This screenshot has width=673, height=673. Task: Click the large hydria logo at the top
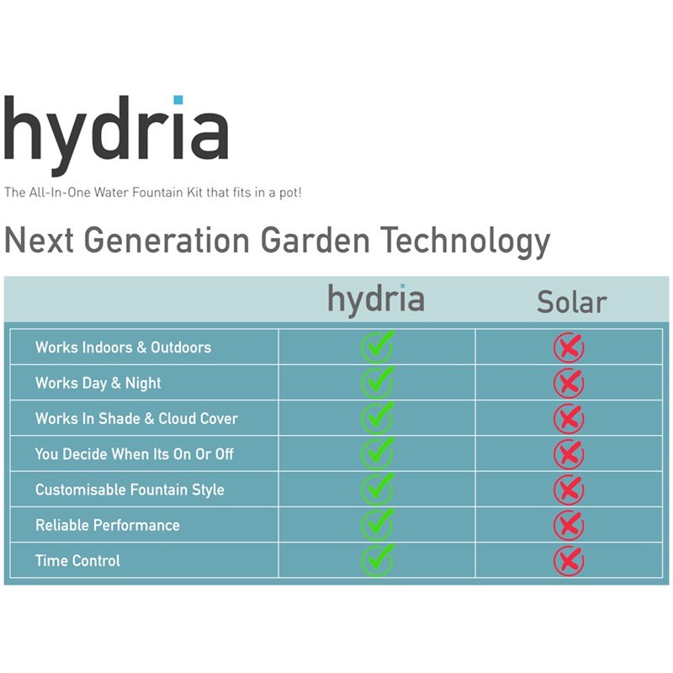tap(116, 135)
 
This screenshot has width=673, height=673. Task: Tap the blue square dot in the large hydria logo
tap(178, 100)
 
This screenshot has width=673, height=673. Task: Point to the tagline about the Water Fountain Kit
tap(153, 193)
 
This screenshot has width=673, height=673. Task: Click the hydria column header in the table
tap(376, 299)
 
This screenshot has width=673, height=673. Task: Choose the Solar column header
tap(572, 302)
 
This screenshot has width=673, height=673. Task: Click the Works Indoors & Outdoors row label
tap(123, 347)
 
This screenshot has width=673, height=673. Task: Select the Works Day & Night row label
tap(98, 383)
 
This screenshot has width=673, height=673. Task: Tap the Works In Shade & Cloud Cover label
tap(136, 418)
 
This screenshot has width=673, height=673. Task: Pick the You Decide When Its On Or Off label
tap(135, 454)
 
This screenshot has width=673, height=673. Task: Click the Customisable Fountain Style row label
tap(130, 490)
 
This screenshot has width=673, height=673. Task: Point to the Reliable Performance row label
tap(108, 525)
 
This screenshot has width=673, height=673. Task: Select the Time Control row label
tap(77, 560)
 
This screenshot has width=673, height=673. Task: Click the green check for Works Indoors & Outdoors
tap(377, 347)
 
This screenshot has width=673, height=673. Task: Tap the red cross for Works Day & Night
tap(569, 383)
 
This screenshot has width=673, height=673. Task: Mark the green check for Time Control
tap(377, 560)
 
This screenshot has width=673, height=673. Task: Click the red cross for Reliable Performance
tap(569, 525)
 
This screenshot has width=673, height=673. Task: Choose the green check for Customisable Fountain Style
tap(377, 489)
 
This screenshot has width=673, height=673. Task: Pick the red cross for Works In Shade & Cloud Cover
tap(569, 418)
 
